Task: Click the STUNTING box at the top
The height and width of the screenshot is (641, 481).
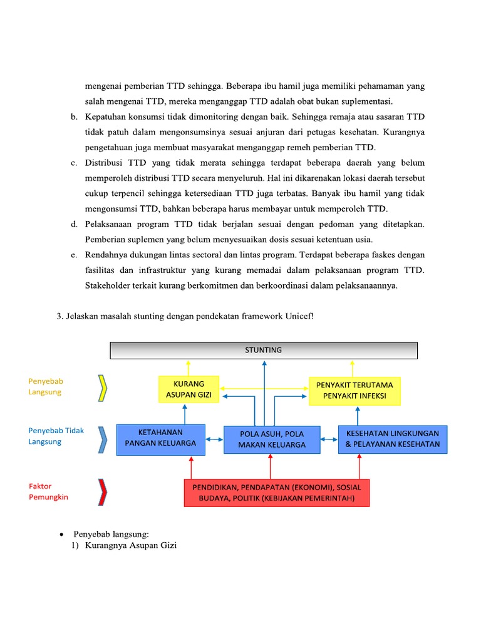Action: click(x=264, y=350)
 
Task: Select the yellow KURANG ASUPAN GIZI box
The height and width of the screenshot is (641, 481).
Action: click(x=185, y=389)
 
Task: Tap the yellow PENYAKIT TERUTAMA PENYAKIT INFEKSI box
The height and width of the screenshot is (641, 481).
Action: click(x=355, y=391)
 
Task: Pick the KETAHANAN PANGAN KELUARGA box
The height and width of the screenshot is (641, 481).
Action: click(x=160, y=438)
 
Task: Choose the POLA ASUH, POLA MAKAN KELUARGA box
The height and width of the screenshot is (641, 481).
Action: click(x=272, y=439)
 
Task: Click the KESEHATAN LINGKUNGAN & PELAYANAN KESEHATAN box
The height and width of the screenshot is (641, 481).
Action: click(x=393, y=439)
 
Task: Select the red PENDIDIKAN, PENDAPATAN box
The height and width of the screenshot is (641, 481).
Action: click(x=276, y=493)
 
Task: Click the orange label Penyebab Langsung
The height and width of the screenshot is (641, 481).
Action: click(x=46, y=386)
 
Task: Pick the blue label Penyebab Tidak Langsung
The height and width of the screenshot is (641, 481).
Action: click(x=56, y=436)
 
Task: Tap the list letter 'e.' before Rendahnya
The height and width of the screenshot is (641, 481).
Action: click(x=73, y=255)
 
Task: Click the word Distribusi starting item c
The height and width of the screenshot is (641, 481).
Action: click(x=104, y=163)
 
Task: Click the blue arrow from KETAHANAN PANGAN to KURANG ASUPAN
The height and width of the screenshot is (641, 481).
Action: click(x=185, y=413)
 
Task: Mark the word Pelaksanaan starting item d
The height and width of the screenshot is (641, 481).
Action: click(x=109, y=224)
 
